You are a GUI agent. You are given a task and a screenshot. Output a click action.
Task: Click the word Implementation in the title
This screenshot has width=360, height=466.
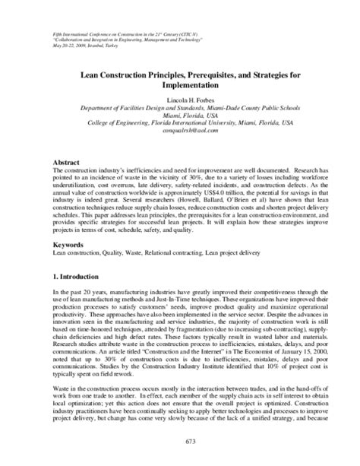[x=180, y=85]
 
